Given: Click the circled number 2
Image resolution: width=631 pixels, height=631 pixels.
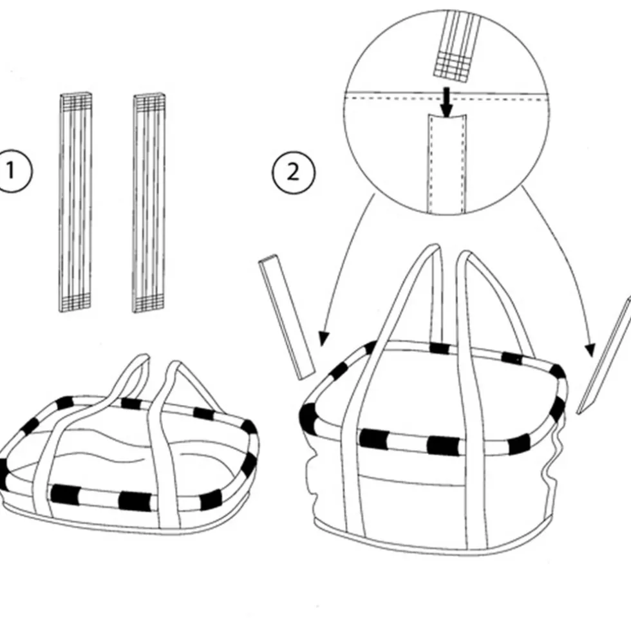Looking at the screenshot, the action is [294, 173].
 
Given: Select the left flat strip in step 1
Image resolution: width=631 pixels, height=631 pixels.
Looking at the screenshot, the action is [75, 202].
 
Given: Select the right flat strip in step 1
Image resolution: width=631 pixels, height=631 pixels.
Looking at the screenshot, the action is [149, 203].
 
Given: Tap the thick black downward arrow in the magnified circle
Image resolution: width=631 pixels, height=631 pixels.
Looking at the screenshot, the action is [446, 102].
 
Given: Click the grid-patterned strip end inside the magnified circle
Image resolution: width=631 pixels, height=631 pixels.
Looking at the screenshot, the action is [454, 67].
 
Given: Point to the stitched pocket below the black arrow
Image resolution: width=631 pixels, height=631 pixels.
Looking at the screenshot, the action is [446, 163].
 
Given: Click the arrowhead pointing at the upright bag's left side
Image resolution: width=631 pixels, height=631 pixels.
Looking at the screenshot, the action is [323, 339].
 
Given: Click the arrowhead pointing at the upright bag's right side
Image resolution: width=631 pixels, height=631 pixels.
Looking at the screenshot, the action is [590, 350].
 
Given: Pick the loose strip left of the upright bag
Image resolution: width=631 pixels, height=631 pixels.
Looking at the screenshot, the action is [287, 317].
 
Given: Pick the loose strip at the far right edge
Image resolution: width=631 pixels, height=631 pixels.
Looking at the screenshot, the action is [605, 356].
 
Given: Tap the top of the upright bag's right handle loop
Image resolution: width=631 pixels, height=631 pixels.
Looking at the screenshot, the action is [465, 254].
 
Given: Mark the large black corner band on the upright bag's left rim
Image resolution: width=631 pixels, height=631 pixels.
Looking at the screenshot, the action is [308, 417].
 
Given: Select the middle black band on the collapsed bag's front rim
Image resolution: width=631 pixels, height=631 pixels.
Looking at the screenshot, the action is [135, 502].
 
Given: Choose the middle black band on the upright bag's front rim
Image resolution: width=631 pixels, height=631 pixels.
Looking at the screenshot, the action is [444, 446].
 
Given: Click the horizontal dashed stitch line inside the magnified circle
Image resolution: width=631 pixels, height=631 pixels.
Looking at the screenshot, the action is [446, 98].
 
